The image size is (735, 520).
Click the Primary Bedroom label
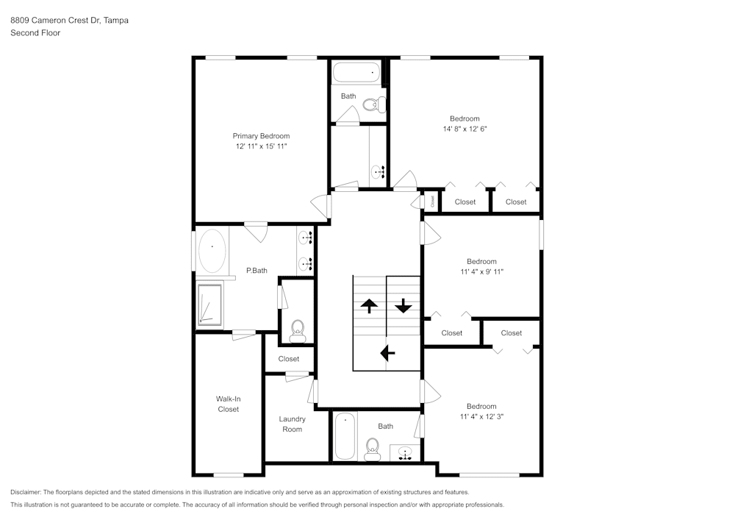coord(261,136)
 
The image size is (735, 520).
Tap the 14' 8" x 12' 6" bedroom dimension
coord(465,129)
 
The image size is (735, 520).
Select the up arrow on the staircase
coord(369,305)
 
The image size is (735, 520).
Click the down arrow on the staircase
coord(404,305)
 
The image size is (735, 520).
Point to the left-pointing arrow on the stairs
coord(387,353)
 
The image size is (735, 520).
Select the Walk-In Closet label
coord(228,404)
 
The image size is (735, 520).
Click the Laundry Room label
coord(292,424)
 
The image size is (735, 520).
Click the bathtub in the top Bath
coord(356,72)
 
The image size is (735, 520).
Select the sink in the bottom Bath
coord(404,453)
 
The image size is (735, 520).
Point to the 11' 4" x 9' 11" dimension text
coord(481,271)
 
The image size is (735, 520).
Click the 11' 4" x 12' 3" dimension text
coord(481,416)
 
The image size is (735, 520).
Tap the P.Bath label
coord(257,271)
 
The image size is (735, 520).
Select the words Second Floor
coord(35,33)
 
